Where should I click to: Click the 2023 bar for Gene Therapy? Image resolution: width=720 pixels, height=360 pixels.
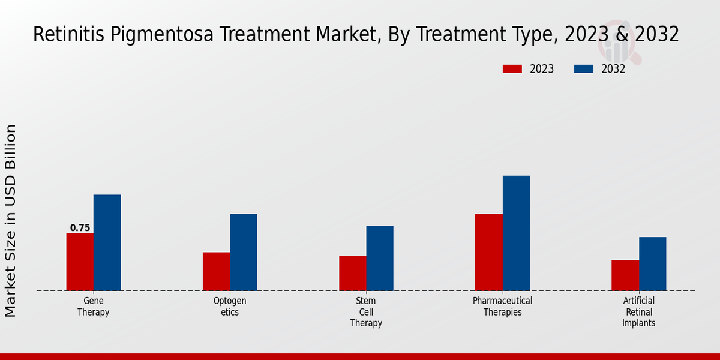pos(80,262)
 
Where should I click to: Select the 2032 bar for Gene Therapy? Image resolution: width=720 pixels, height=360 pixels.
pos(107,242)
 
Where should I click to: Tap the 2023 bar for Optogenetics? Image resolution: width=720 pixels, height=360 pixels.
pos(216,271)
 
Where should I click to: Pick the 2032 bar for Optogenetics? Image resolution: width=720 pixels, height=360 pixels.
pos(243,252)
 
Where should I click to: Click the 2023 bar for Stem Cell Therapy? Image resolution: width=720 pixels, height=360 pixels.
pos(352,273)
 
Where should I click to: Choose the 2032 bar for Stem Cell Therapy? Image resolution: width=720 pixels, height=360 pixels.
pos(380,258)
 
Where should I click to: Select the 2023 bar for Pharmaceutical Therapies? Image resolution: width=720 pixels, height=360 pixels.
pos(488,252)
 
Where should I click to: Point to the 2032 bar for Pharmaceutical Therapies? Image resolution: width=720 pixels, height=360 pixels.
pos(516,233)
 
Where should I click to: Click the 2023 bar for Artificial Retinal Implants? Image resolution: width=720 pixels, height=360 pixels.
pos(625,275)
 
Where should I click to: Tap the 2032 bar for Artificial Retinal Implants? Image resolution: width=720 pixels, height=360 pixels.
pos(652,263)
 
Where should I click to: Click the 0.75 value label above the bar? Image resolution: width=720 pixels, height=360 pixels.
pos(80,228)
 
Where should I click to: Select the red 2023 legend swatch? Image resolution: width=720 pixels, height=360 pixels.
pos(512,69)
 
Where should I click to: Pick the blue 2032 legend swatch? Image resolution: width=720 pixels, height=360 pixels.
pos(584,69)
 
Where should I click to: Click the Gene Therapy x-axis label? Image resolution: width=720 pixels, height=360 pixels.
pos(93,307)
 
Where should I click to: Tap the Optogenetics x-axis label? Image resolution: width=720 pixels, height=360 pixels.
pos(230,307)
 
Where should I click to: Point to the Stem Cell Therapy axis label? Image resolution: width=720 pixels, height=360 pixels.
pos(366,312)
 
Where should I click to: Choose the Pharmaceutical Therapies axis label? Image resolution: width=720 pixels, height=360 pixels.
pos(502,307)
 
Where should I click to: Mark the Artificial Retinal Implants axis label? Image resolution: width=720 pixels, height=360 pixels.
pos(638,312)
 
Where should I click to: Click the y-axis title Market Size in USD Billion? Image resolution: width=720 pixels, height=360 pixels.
pos(11,220)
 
